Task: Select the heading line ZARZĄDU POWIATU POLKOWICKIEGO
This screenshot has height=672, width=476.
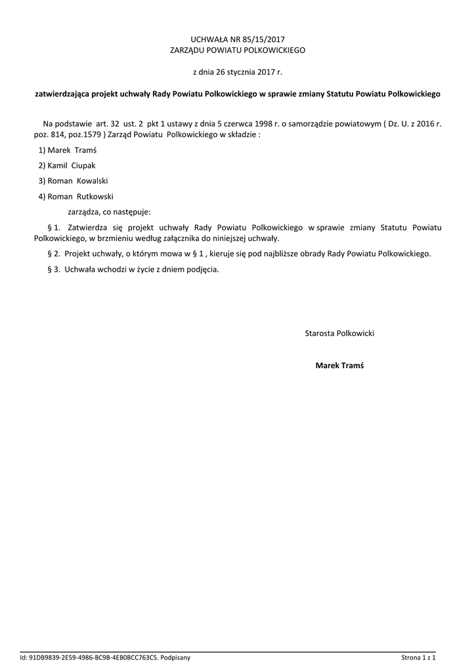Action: (238, 50)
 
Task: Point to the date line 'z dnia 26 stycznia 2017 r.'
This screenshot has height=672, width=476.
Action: (237, 72)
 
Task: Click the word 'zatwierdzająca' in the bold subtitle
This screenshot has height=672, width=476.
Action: (62, 94)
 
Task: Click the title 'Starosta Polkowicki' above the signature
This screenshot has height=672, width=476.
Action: (339, 333)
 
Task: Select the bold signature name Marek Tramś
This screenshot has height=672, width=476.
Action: (339, 365)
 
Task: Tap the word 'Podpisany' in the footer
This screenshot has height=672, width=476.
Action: (175, 657)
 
